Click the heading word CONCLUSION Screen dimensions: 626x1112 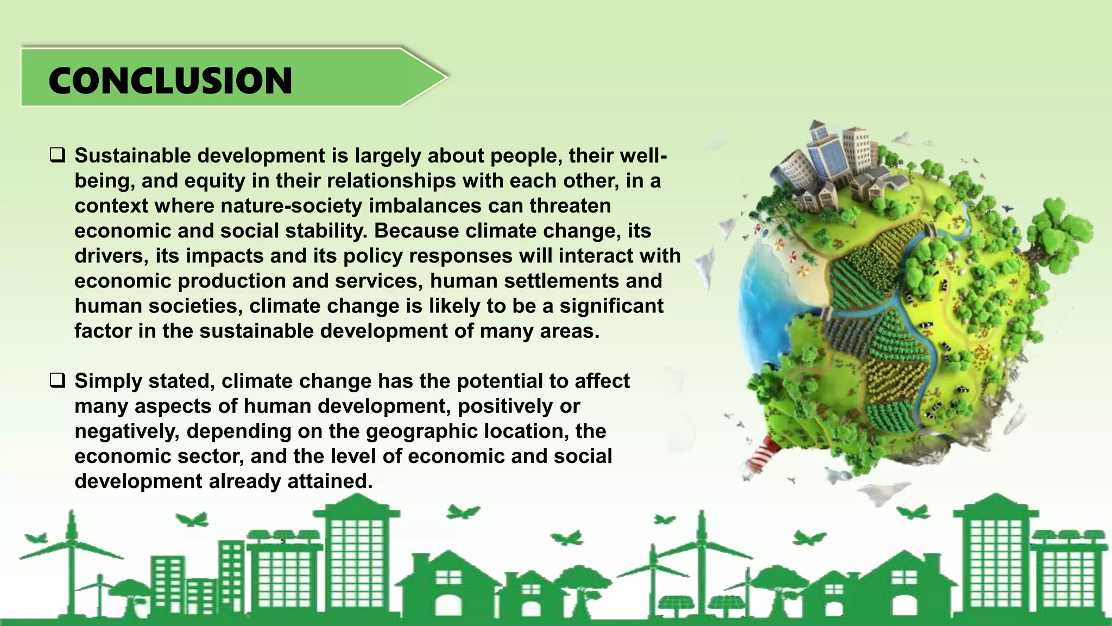pyautogui.click(x=170, y=81)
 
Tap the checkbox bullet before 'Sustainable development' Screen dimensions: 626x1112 pyautogui.click(x=58, y=155)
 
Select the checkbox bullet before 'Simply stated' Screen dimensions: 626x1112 pyautogui.click(x=58, y=380)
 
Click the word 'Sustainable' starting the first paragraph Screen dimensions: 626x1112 pyautogui.click(x=132, y=155)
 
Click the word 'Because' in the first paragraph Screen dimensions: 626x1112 pyautogui.click(x=416, y=231)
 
